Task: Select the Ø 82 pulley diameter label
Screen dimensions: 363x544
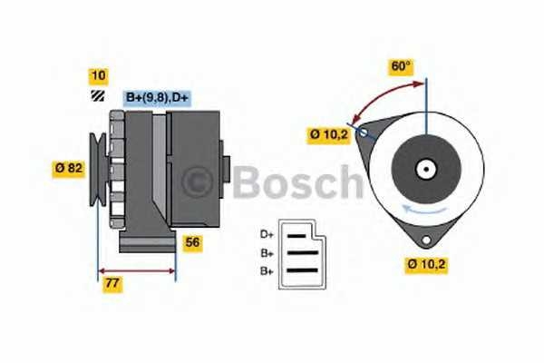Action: [70, 167]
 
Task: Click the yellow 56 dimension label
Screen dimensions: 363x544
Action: [192, 242]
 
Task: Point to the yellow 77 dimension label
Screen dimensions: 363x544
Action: [113, 283]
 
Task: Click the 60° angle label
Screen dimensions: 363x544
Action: [401, 66]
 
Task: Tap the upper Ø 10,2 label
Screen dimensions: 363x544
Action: [327, 135]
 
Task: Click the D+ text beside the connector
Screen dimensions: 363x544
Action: [267, 234]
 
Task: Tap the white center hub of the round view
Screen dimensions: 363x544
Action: [423, 168]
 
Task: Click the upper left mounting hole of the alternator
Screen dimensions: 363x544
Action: [364, 132]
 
